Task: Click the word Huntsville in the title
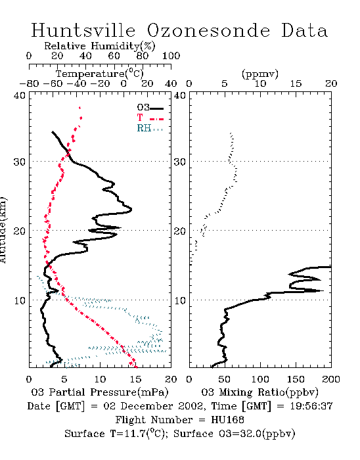[x=83, y=31]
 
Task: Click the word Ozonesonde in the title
[x=208, y=31]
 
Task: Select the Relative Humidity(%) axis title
[x=100, y=46]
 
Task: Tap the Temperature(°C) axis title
[x=100, y=74]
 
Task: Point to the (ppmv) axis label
[x=260, y=74]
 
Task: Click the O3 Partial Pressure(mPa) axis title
[x=100, y=392]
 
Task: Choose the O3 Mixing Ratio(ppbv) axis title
[x=259, y=392]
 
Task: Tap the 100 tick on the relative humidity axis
[x=171, y=56]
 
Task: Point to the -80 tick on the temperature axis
[x=29, y=84]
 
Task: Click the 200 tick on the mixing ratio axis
[x=331, y=379]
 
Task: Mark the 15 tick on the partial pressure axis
[x=135, y=379]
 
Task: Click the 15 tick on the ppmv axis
[x=296, y=84]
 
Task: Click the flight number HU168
[x=227, y=420]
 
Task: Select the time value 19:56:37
[x=311, y=406]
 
